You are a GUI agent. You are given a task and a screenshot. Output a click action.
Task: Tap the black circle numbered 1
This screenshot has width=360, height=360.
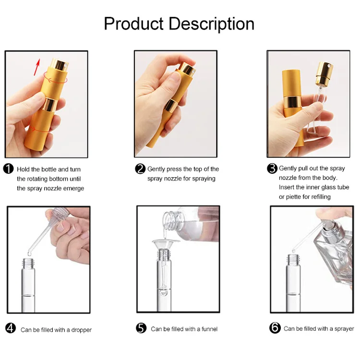click(9, 169)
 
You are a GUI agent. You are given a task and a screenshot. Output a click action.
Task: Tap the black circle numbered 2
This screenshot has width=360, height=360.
click(140, 168)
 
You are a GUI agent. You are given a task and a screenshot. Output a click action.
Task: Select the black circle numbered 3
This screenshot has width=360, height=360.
click(272, 168)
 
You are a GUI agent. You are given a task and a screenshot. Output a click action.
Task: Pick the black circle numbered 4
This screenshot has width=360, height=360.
click(11, 328)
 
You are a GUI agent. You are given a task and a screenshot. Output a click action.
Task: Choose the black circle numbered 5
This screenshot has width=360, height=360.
click(141, 328)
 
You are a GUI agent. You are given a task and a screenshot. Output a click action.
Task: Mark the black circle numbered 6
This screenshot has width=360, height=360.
click(275, 328)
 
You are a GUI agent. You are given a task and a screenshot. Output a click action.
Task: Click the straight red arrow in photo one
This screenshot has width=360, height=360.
click(37, 68)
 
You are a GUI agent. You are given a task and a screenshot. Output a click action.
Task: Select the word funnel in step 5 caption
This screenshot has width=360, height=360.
click(209, 329)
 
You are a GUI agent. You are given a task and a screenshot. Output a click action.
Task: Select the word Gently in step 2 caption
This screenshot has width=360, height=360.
click(156, 169)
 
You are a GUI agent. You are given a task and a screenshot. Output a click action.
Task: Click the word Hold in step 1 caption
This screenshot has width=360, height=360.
click(23, 169)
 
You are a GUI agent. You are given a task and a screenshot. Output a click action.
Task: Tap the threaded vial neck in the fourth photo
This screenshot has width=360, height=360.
click(29, 263)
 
